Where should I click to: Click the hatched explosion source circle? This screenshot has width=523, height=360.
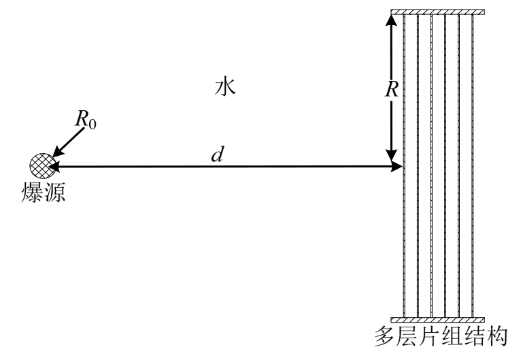[39, 165]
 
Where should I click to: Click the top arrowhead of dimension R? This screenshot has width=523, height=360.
[391, 20]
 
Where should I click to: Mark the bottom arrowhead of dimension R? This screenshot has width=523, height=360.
[391, 159]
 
